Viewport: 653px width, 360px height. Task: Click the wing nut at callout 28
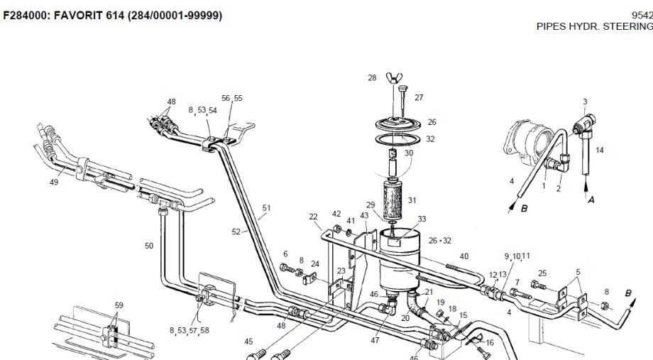(x=393, y=77)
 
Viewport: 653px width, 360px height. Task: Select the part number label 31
(x=412, y=200)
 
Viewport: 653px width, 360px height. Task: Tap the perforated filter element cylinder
(x=393, y=198)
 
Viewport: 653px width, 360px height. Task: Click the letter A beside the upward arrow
(x=591, y=200)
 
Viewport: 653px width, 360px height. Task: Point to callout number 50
(x=149, y=246)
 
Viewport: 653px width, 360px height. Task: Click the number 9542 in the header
(x=642, y=16)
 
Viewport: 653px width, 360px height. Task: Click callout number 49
(x=54, y=182)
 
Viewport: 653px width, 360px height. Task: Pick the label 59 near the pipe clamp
(x=119, y=305)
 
